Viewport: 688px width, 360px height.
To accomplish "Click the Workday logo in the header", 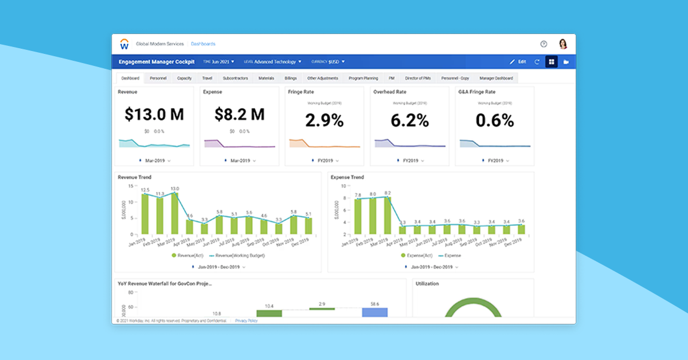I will coord(124,44).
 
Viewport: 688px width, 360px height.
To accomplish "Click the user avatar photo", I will coord(562,44).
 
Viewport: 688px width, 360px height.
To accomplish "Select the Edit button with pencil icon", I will coord(518,62).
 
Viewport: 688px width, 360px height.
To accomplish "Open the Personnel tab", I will coord(158,78).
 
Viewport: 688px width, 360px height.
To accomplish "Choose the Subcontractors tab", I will coord(235,78).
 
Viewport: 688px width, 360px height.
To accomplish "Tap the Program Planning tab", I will coord(363,78).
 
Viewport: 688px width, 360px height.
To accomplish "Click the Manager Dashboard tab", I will coord(496,78).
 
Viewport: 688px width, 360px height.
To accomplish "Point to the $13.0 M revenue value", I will coord(154,115).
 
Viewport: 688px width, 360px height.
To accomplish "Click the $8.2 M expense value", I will coord(240,115).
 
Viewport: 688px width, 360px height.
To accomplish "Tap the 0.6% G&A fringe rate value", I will coord(494,120).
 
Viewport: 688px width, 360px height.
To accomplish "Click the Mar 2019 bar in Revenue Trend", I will coord(175,213).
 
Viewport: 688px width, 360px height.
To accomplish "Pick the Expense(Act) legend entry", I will coord(420,256).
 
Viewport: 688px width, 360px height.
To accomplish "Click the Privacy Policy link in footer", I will coord(247,320).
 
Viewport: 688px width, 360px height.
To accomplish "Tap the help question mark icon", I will coord(544,44).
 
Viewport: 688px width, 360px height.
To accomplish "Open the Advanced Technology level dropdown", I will coord(277,62).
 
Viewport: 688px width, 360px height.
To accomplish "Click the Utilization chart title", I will coord(427,284).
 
